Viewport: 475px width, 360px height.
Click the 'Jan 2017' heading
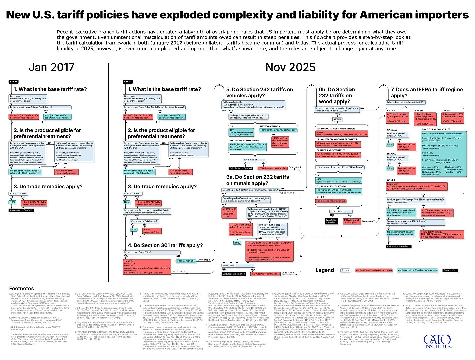[x=51, y=67]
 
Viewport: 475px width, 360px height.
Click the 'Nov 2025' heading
[x=290, y=67]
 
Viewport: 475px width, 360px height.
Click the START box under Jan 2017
[x=14, y=82]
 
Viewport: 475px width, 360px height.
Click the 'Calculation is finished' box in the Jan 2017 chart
[x=21, y=210]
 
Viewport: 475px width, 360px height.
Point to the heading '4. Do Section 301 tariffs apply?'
[x=165, y=245]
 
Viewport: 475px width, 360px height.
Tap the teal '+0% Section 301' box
[x=186, y=261]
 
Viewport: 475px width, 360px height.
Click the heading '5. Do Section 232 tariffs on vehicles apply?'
[x=260, y=92]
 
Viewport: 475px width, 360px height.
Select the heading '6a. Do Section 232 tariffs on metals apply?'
[x=258, y=180]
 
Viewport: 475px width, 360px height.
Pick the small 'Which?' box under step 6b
[x=338, y=119]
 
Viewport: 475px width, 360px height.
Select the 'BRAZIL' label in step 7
[x=419, y=110]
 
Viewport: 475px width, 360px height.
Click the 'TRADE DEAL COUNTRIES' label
[x=436, y=129]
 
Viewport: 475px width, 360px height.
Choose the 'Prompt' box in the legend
[x=345, y=270]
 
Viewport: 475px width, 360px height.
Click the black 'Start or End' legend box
[x=450, y=270]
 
